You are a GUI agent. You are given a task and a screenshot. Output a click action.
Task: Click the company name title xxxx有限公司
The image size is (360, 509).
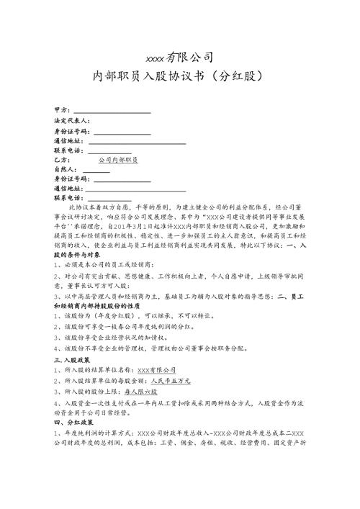[x=179, y=57]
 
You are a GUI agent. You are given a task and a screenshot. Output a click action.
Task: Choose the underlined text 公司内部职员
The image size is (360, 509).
[x=119, y=159]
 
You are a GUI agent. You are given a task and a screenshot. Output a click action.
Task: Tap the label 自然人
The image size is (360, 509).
[x=66, y=169]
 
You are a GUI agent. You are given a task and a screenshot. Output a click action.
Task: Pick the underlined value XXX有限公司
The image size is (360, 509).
[x=157, y=369]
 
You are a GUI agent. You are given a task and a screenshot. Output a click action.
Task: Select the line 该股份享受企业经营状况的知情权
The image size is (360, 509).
[x=122, y=336]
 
